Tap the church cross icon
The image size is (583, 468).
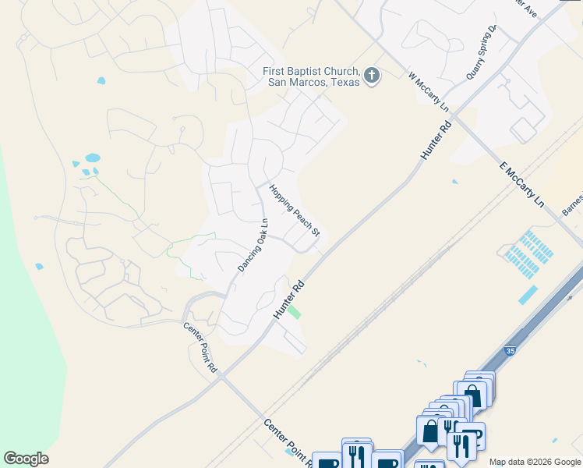point(372,76)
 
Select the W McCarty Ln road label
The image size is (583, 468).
point(429,91)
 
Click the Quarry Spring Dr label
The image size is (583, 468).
point(481,51)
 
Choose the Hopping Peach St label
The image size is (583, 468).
point(295,211)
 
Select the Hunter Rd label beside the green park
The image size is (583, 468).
point(288,299)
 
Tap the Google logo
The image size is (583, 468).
point(26,459)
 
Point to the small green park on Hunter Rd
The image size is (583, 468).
point(294,312)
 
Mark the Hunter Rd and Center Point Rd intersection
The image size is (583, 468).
point(222,377)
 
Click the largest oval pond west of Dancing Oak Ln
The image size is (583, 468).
point(92,158)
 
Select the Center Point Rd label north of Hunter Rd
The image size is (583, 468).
point(200,348)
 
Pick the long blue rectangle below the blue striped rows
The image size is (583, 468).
point(528,295)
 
